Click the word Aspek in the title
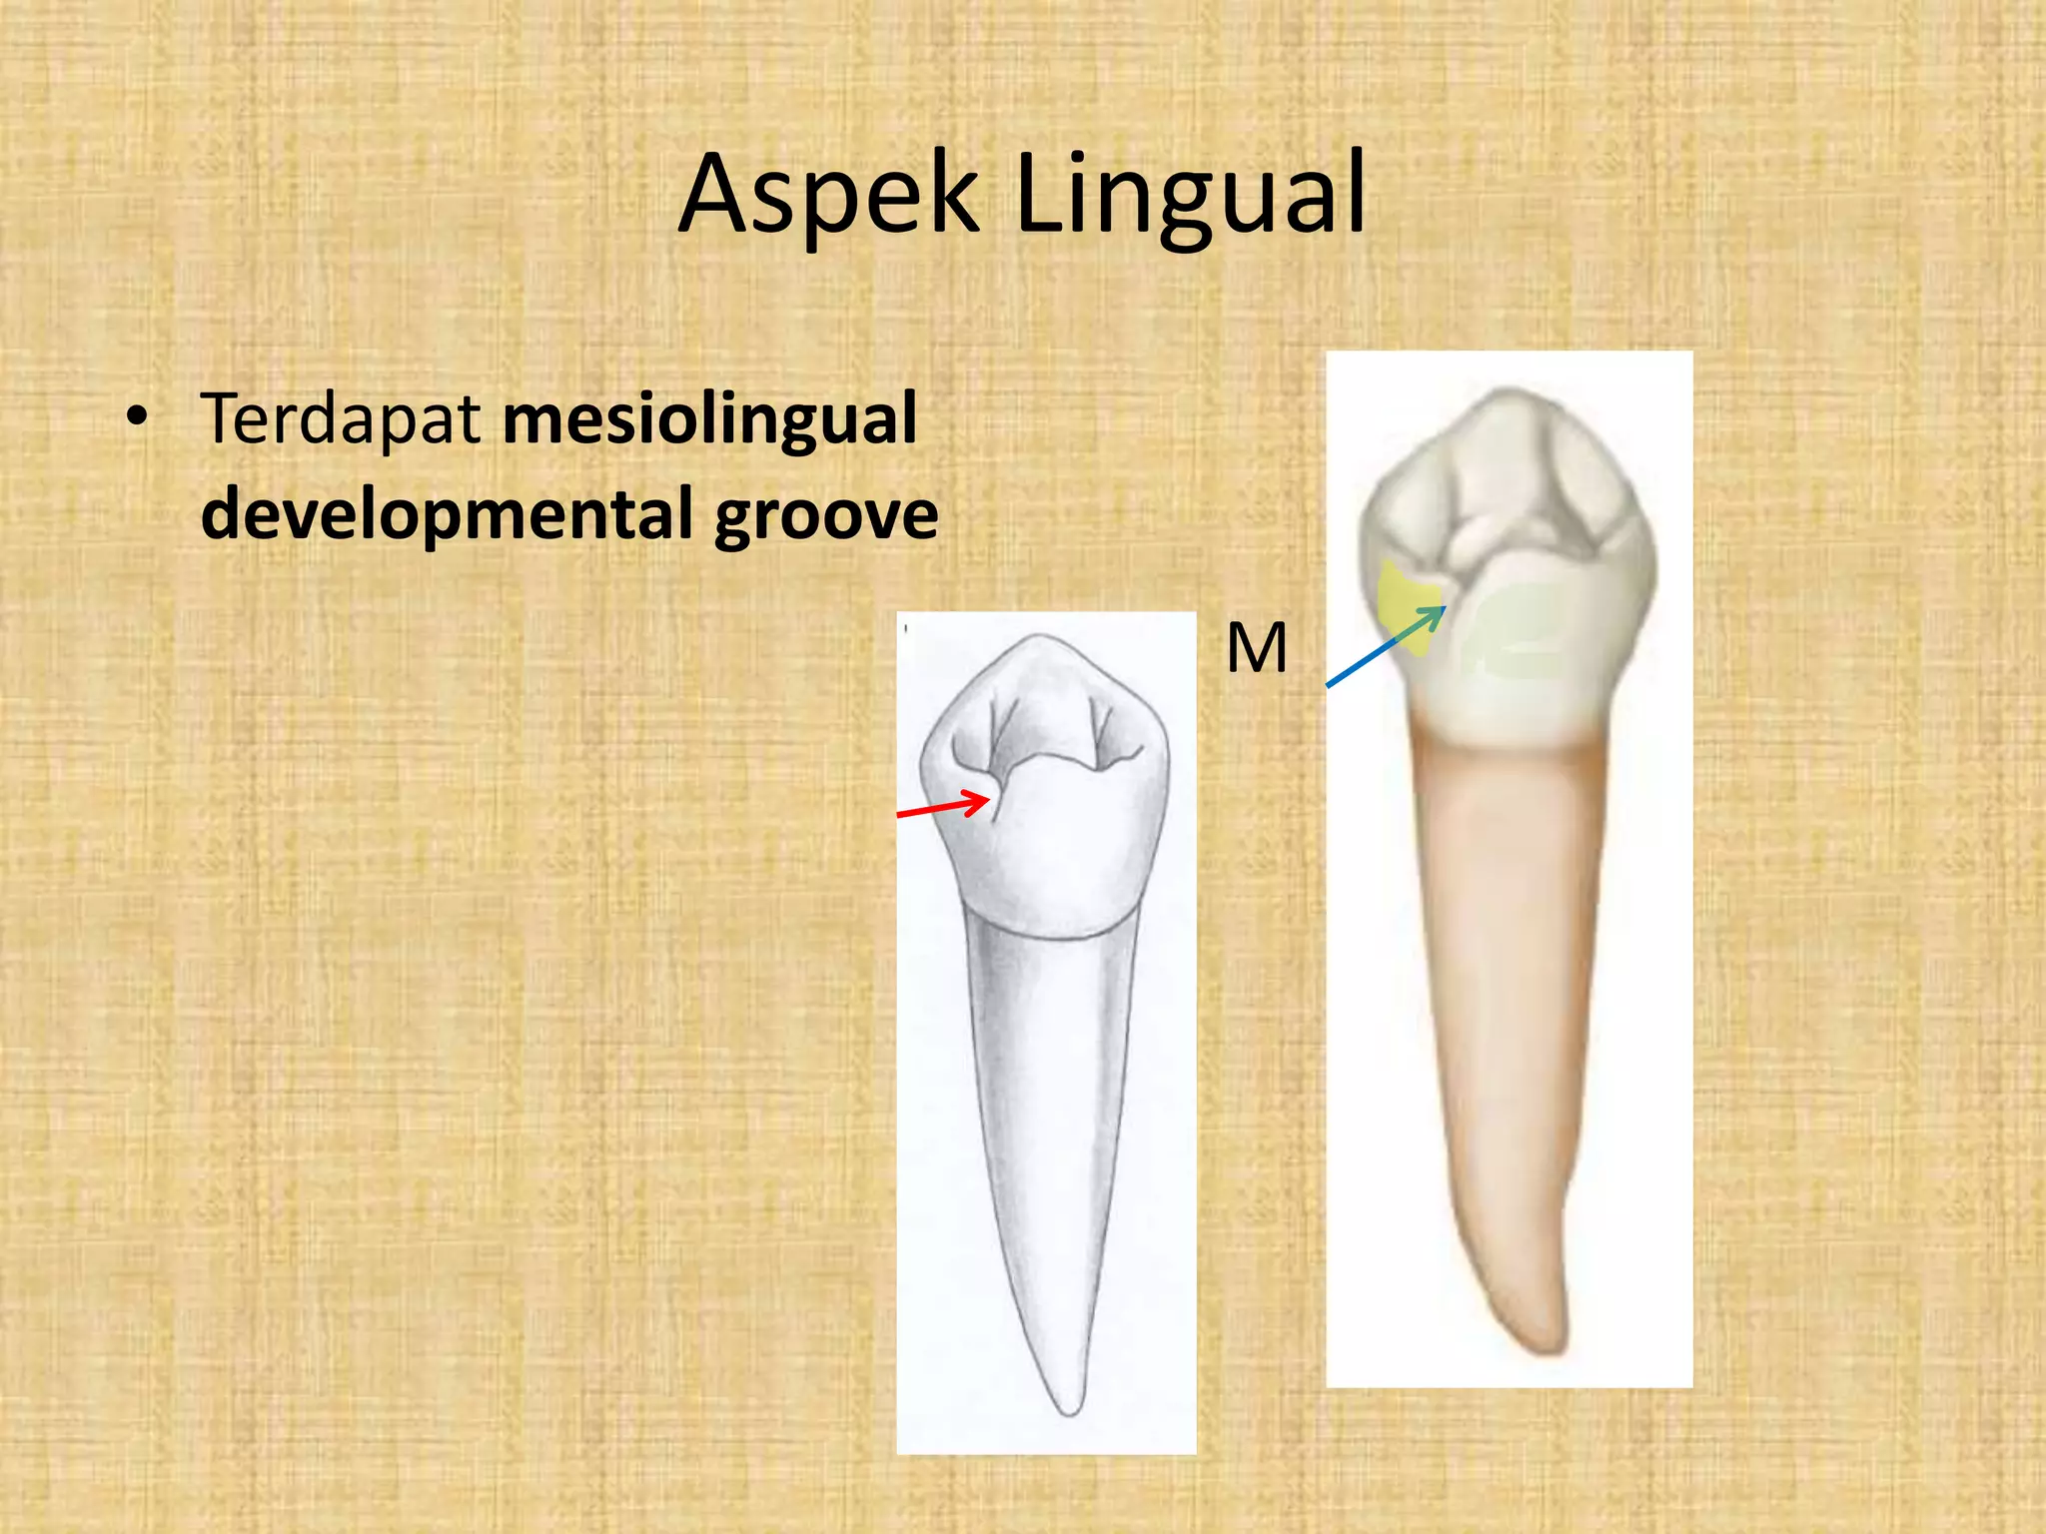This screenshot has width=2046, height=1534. point(828,195)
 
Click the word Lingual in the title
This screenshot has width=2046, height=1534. point(1190,195)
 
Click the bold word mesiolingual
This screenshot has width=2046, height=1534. point(709,418)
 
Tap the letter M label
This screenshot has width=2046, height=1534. point(1256,649)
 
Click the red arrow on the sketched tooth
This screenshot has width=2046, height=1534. point(944,807)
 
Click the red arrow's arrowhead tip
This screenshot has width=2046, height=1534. point(990,798)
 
